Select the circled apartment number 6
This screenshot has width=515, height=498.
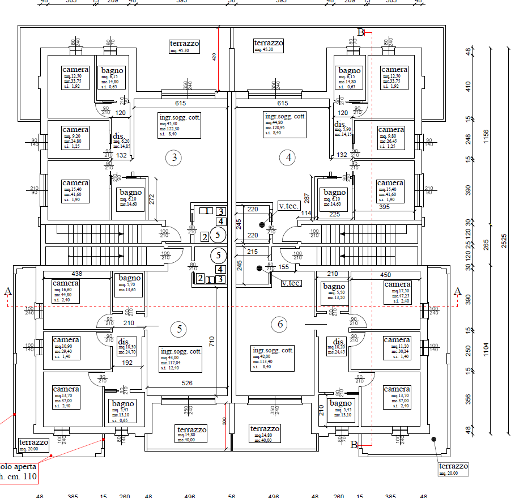280,324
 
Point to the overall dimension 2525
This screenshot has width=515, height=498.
504,240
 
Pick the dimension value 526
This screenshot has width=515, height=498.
187,383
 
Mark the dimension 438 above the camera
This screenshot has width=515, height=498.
77,274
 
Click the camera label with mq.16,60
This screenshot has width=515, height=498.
66,283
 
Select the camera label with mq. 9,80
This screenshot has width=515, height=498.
391,130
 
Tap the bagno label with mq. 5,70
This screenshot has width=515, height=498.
130,278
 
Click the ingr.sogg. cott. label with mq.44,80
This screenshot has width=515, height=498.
285,116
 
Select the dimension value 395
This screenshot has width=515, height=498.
384,208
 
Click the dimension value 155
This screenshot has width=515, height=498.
284,266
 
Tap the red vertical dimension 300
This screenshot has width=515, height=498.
224,421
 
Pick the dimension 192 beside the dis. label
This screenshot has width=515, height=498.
127,363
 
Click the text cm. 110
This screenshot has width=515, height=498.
19,477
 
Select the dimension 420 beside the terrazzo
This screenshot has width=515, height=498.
214,57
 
